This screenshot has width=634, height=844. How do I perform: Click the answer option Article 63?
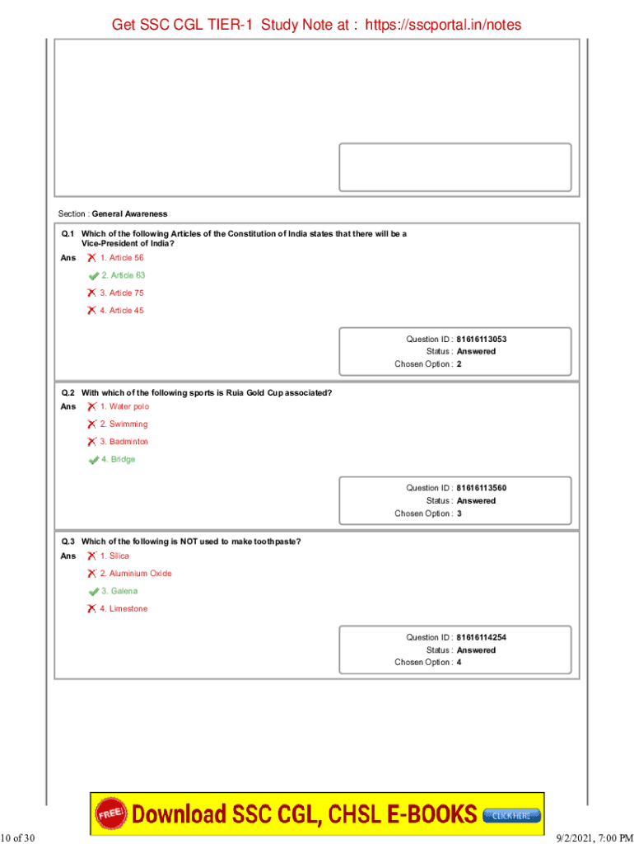click(123, 275)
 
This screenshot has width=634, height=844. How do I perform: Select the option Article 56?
click(121, 258)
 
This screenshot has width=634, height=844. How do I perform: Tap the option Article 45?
click(121, 311)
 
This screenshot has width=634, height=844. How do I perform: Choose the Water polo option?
click(124, 406)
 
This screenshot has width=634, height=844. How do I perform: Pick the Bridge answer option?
click(118, 459)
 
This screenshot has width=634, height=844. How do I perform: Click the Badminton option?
click(124, 442)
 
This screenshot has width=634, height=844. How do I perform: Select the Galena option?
click(119, 591)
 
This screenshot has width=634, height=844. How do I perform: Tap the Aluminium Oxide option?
click(135, 574)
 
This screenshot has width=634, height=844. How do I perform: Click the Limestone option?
click(124, 609)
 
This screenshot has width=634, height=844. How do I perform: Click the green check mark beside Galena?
click(93, 592)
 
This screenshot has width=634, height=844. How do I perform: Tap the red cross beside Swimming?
click(91, 424)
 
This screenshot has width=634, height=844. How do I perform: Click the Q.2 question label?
click(68, 392)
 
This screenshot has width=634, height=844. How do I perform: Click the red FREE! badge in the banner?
click(112, 814)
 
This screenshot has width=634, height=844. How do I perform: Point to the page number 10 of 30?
click(18, 838)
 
